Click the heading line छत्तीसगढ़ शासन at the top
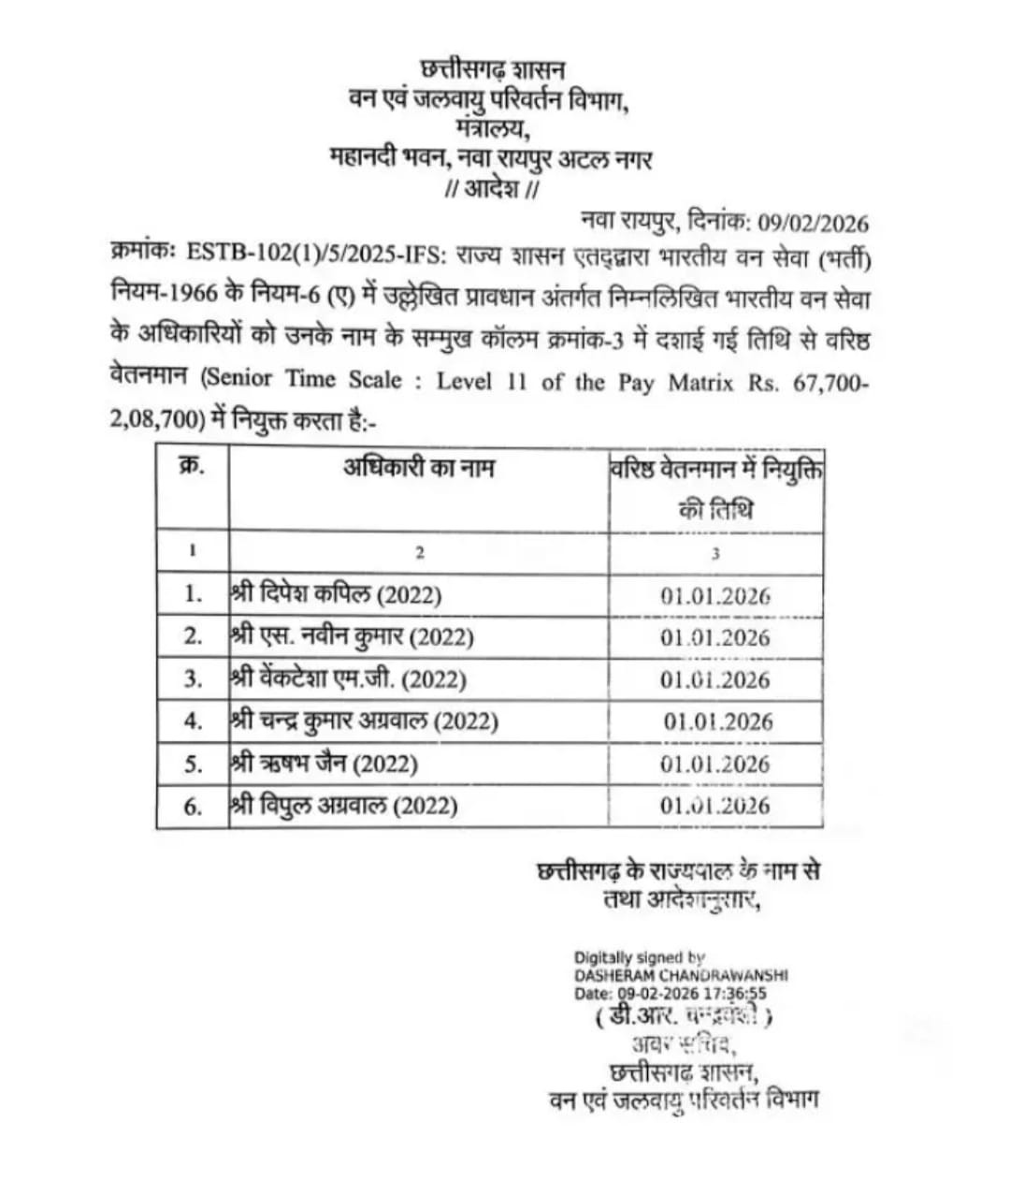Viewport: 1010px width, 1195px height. click(493, 70)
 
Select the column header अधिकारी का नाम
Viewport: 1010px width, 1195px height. click(418, 468)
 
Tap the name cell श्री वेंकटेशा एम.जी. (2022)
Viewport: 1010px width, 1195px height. click(349, 678)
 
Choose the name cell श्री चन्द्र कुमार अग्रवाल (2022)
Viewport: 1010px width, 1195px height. click(365, 721)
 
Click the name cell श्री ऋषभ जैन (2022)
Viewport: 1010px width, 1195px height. click(325, 764)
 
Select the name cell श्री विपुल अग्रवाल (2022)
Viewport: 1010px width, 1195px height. click(344, 806)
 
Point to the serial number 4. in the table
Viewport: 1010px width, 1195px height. click(193, 721)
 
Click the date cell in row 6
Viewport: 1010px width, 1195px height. click(715, 806)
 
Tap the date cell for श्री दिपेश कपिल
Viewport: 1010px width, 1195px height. click(715, 596)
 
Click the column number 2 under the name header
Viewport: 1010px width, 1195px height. click(420, 553)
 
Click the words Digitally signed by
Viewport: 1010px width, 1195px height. click(640, 958)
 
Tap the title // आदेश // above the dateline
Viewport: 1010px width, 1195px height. click(493, 189)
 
